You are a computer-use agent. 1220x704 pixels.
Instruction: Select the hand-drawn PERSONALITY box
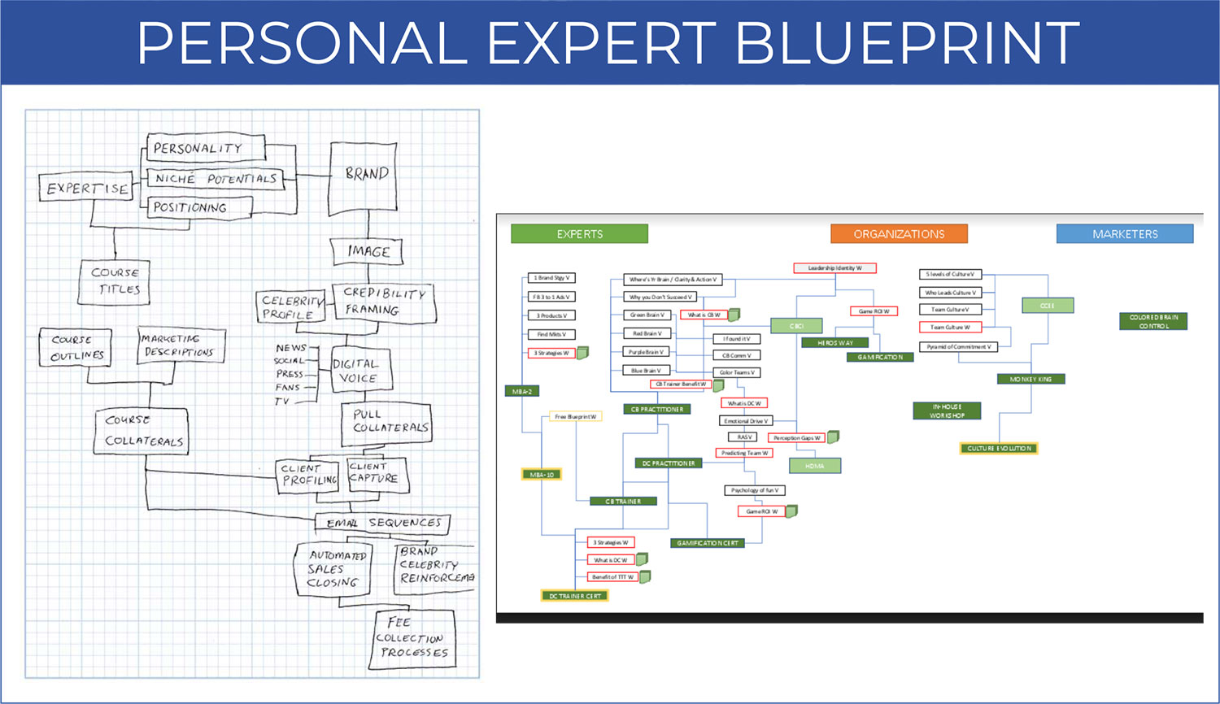(206, 148)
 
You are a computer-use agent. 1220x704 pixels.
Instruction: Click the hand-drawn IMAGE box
(368, 251)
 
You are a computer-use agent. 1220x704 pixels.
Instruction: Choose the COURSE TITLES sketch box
(115, 281)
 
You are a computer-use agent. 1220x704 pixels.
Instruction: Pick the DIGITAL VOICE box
(360, 370)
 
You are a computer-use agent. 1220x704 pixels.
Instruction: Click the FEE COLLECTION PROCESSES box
(413, 639)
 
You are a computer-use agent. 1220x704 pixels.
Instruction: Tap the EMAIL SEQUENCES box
(382, 523)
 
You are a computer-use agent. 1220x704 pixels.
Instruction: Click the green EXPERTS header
(579, 234)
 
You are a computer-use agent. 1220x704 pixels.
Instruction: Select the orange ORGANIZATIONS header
(899, 234)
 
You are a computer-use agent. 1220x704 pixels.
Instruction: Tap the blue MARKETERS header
(1124, 234)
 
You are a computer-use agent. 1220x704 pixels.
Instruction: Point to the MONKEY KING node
(1030, 379)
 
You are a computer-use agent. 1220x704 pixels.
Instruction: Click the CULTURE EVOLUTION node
(999, 448)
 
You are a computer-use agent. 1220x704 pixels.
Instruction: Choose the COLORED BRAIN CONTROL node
(1152, 321)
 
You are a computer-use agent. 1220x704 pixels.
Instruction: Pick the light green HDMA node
(815, 466)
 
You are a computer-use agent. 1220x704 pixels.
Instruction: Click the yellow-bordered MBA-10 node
(542, 475)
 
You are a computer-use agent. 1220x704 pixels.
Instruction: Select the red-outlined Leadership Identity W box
(834, 268)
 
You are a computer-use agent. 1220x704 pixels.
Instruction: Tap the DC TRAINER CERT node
(575, 596)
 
